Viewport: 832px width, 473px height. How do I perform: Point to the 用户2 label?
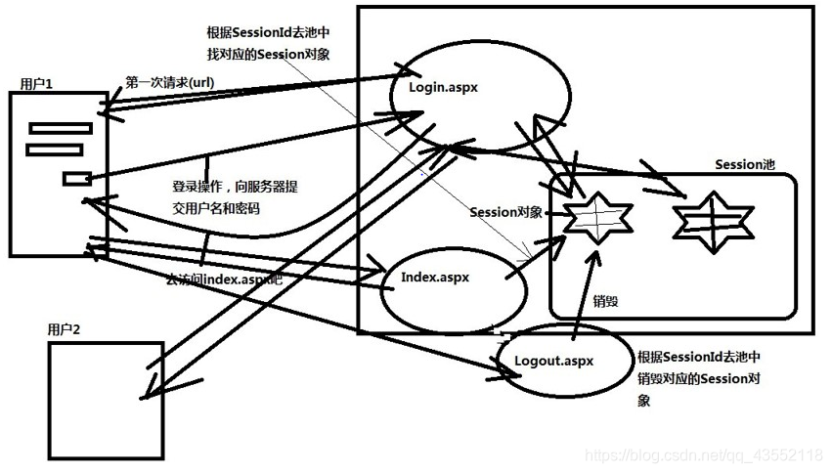coord(65,329)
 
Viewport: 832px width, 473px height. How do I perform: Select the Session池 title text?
coord(744,164)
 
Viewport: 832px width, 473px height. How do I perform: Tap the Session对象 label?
coord(505,212)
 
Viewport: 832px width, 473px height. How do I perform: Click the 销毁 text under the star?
coord(606,301)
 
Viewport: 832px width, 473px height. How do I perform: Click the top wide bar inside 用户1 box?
coord(61,128)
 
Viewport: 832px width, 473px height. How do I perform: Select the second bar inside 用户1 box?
coord(55,149)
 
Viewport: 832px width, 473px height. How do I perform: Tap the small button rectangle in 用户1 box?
coord(77,178)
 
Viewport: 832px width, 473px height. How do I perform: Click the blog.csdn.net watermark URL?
coord(702,454)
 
